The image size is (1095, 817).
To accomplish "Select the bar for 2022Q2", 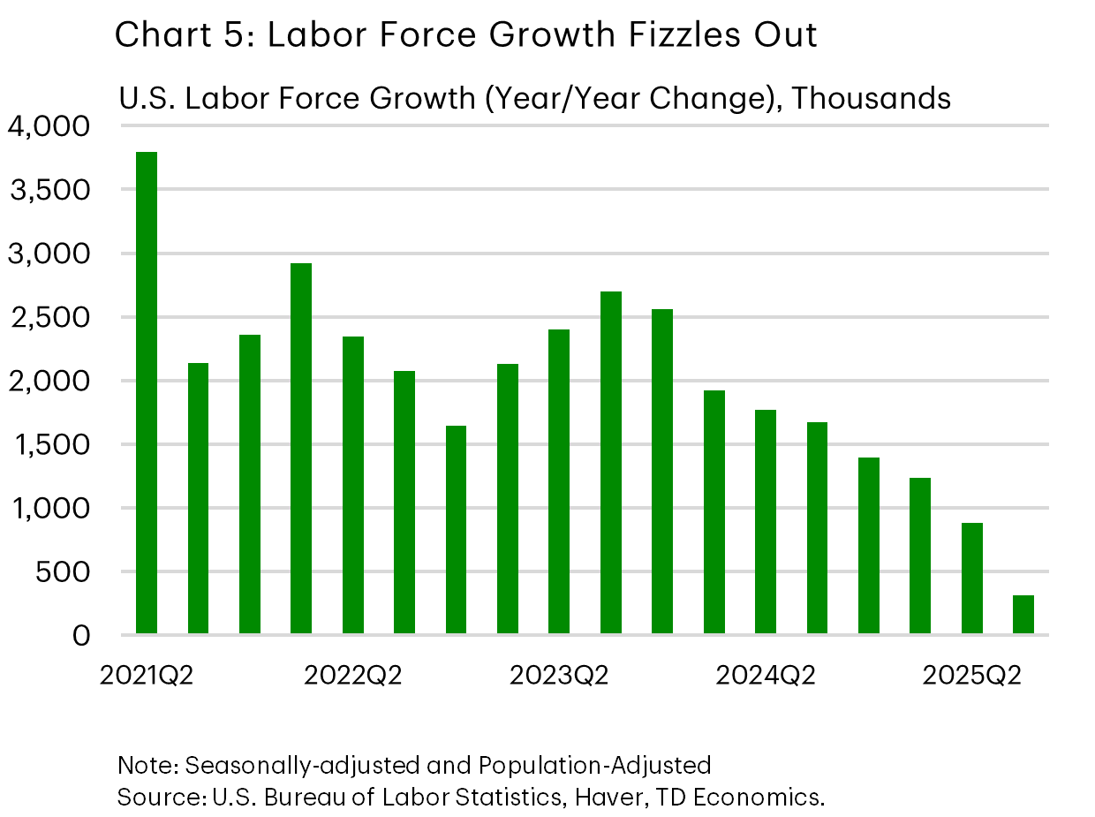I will [353, 485].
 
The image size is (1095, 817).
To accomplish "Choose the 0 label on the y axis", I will [80, 636].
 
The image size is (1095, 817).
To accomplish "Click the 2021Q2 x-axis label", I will [147, 677].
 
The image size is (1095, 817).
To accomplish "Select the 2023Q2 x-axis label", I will [559, 677].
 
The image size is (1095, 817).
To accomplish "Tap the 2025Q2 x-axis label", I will [972, 677].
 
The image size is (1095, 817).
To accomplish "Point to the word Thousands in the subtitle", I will [872, 98].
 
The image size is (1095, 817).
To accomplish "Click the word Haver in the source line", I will [600, 797].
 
